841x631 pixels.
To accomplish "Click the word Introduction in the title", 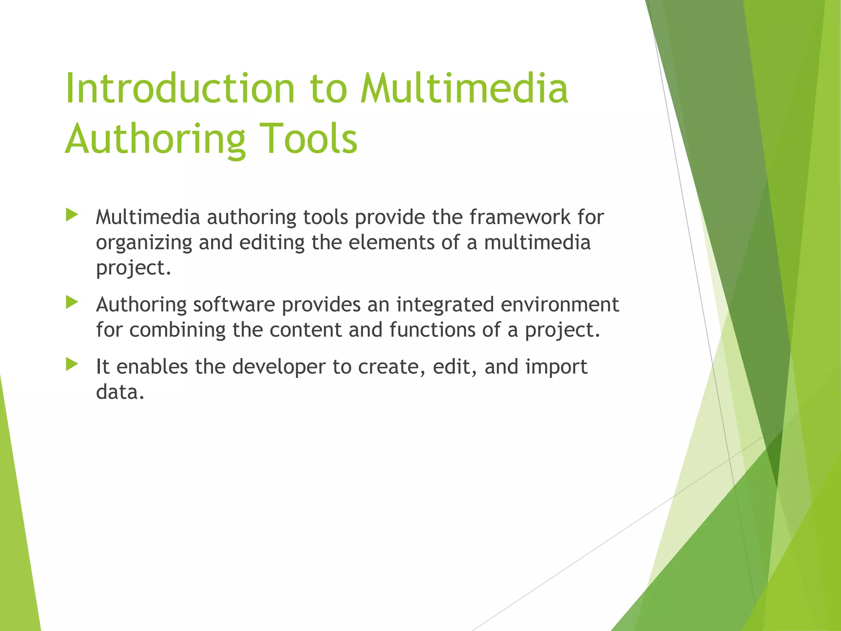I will [x=180, y=88].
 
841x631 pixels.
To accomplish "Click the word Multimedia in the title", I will [x=464, y=88].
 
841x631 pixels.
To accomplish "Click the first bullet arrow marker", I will [x=72, y=215].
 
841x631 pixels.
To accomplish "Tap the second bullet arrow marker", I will [x=72, y=303].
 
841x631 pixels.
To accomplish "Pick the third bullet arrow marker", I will [x=72, y=364].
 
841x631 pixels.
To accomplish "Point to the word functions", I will [x=433, y=330].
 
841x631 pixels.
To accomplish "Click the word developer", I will [x=279, y=367].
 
